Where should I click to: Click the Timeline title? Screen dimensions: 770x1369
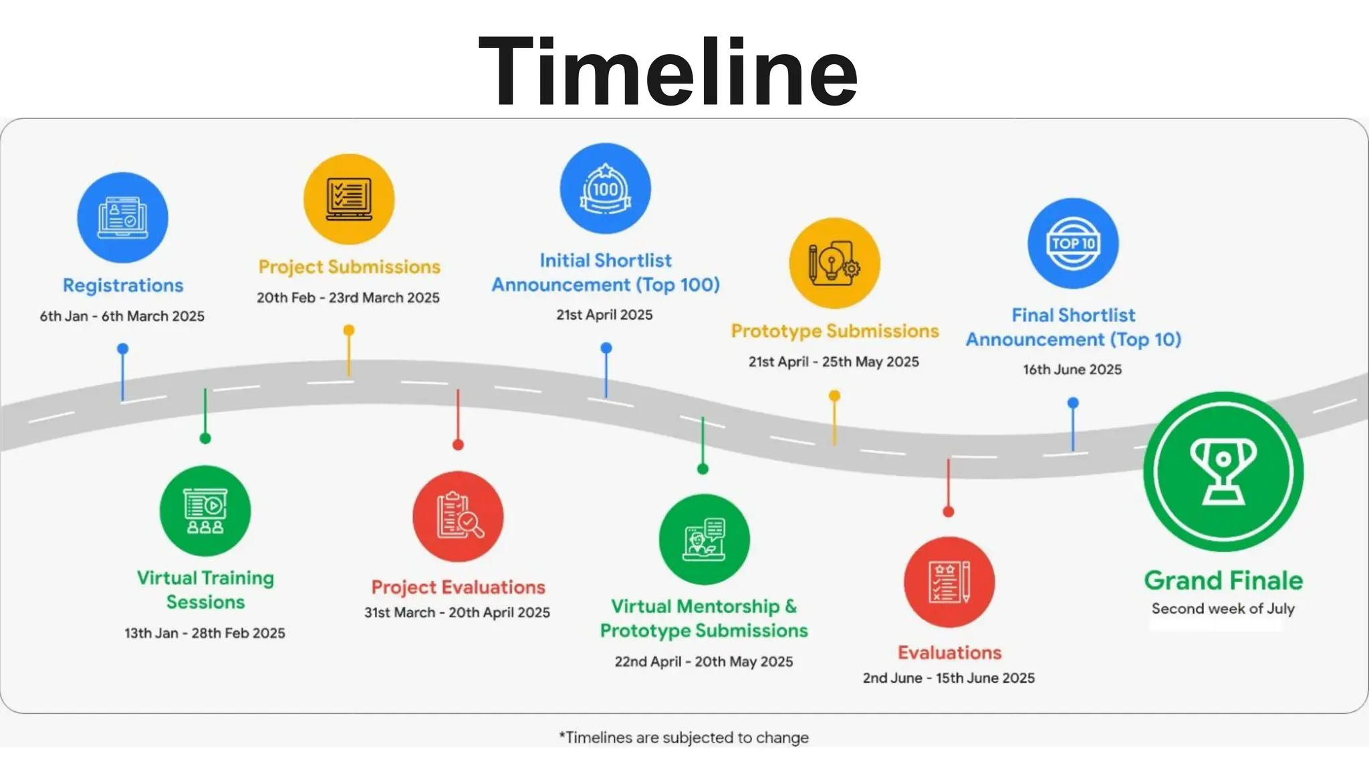[x=668, y=72]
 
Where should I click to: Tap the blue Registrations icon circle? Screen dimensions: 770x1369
[x=122, y=217]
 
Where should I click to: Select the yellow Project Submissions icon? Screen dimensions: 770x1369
[x=349, y=199]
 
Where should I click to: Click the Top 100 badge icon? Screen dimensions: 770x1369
[x=605, y=188]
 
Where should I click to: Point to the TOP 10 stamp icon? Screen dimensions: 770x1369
[x=1073, y=243]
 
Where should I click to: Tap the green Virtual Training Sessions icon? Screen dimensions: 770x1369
[x=205, y=511]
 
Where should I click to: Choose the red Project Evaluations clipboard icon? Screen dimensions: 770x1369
[x=458, y=516]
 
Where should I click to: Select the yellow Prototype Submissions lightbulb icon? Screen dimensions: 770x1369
[x=834, y=263]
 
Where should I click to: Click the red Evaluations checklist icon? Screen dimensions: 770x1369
[x=949, y=582]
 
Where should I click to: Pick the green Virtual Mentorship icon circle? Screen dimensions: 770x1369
[x=704, y=539]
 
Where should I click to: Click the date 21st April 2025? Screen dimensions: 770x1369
[x=604, y=315]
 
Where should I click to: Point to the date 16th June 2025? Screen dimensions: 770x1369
[x=1072, y=370]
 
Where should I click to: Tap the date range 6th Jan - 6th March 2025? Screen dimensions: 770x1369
[x=122, y=316]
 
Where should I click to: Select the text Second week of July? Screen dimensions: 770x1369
[x=1223, y=609]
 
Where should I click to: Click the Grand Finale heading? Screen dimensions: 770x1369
[x=1223, y=580]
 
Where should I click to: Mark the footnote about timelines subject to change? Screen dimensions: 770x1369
[x=684, y=737]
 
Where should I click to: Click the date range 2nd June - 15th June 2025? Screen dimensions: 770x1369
[x=949, y=678]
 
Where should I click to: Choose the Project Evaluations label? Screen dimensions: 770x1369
[x=458, y=587]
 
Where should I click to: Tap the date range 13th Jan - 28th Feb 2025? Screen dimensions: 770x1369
[x=205, y=633]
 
